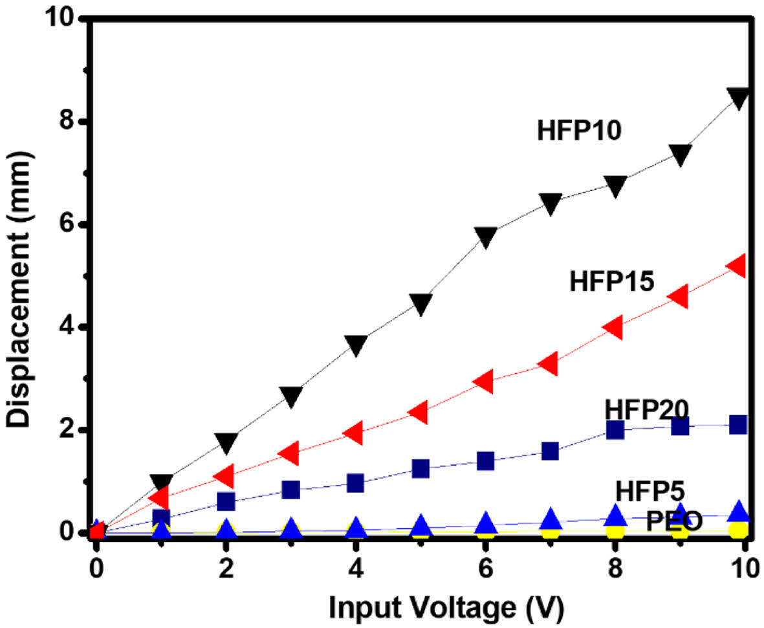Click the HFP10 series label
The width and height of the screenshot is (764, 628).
(x=579, y=131)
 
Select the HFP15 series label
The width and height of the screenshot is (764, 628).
(x=612, y=281)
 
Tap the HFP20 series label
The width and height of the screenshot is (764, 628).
(x=646, y=409)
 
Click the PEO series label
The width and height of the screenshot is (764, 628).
(x=673, y=521)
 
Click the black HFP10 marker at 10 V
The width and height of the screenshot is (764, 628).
(x=738, y=98)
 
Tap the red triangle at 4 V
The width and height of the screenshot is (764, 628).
(x=354, y=433)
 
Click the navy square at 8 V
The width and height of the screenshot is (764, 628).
(x=615, y=429)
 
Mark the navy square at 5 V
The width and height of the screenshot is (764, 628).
(x=420, y=469)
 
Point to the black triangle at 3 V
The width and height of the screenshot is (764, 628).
(x=291, y=396)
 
